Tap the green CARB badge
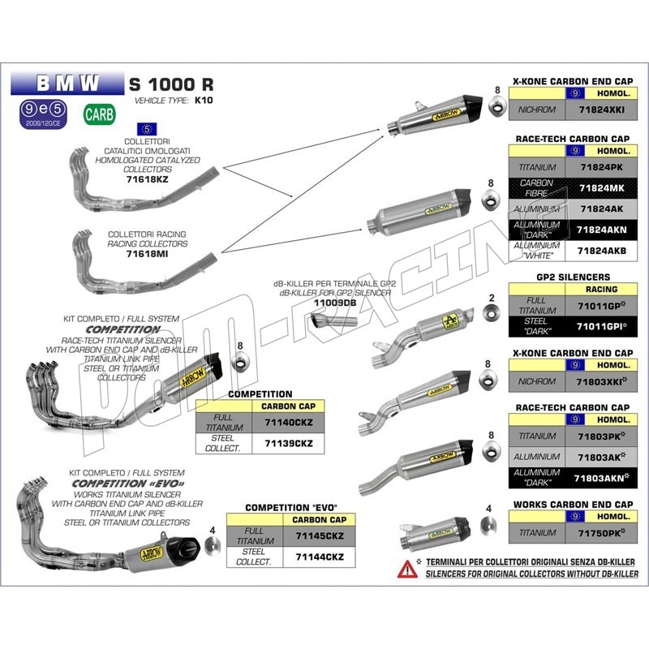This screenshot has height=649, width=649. [x=97, y=114]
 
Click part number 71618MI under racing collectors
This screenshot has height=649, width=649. [x=148, y=253]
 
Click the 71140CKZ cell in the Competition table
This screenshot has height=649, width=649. [x=288, y=423]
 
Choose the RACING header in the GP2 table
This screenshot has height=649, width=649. [x=600, y=289]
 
